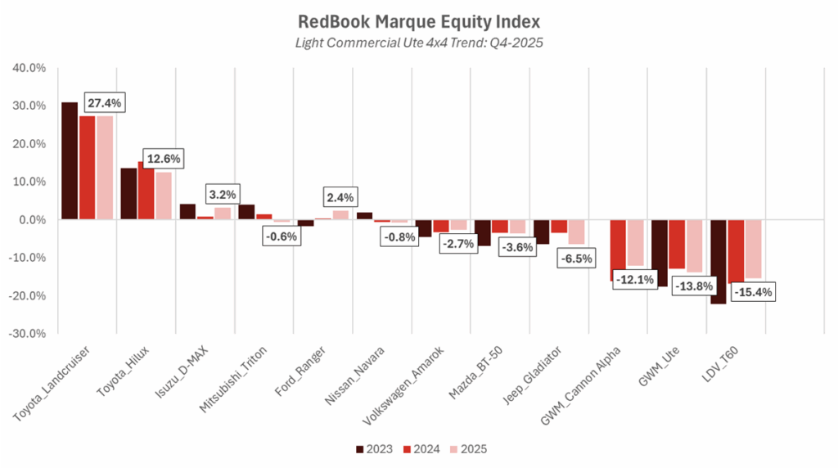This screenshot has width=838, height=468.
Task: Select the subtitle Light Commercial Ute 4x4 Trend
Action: (x=419, y=41)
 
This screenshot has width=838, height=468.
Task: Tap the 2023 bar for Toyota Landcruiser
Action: (x=70, y=160)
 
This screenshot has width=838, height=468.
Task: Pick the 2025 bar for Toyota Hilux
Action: (x=163, y=196)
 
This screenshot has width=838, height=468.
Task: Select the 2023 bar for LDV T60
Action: (x=719, y=261)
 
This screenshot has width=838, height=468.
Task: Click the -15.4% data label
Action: (x=752, y=291)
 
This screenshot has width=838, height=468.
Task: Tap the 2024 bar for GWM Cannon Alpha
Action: (x=617, y=250)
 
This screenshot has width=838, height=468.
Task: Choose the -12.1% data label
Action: (x=633, y=280)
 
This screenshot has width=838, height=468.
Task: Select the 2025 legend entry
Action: (x=469, y=449)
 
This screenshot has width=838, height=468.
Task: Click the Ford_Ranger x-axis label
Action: (x=301, y=372)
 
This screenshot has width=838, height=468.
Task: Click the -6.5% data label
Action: (x=575, y=257)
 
